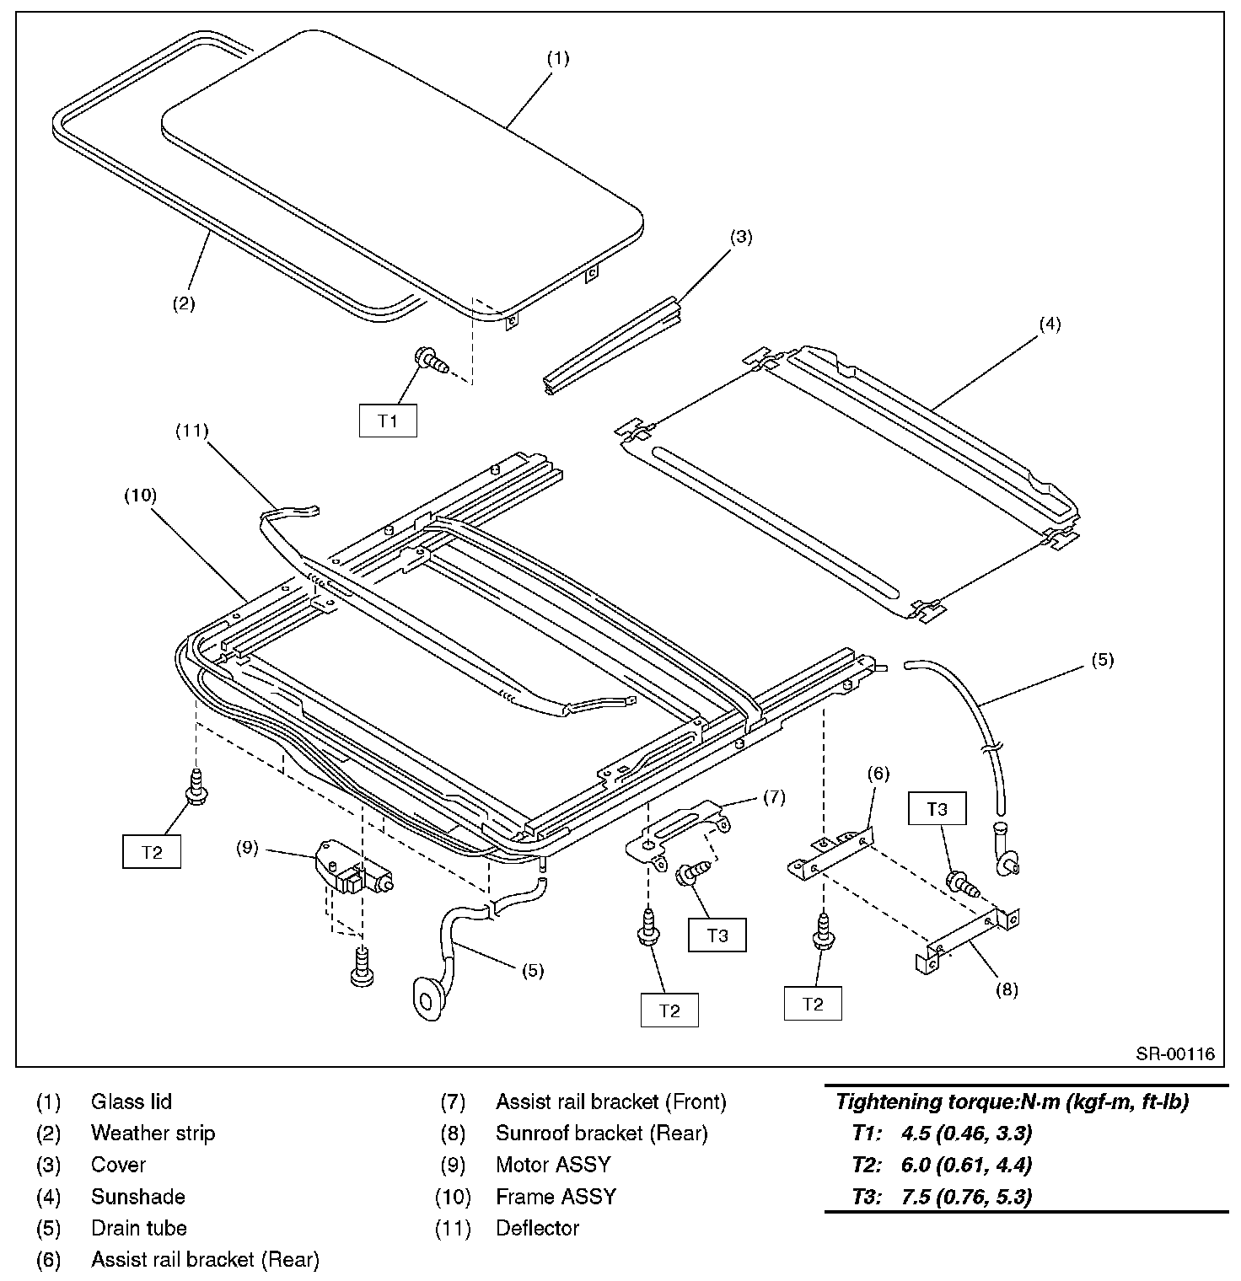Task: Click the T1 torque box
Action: click(388, 421)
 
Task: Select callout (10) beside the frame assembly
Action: click(140, 495)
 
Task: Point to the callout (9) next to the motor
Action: click(247, 849)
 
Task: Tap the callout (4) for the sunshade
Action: click(1049, 324)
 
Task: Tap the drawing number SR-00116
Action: click(1174, 1053)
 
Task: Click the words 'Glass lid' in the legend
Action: click(132, 1101)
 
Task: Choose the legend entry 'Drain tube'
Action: click(138, 1228)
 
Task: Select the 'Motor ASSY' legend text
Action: click(552, 1165)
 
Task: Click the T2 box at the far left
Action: click(152, 852)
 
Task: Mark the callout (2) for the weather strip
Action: click(184, 303)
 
